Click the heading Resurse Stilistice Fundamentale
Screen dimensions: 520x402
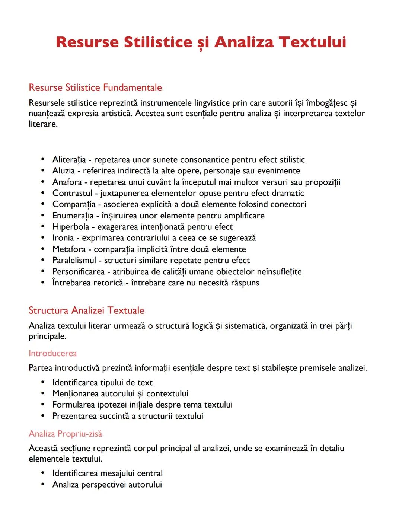pos(95,87)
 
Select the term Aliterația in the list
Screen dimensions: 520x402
pos(69,160)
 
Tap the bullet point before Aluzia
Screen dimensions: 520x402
pos(44,171)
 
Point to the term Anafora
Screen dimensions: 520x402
pos(67,182)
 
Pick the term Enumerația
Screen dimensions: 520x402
pos(73,216)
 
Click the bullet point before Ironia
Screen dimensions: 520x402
pos(44,238)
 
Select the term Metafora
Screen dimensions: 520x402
pos(69,249)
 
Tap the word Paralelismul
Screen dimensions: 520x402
pos(74,260)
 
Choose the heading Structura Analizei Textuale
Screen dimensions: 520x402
pos(86,310)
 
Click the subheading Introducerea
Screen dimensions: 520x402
pos(53,353)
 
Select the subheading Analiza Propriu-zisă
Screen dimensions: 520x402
pos(65,434)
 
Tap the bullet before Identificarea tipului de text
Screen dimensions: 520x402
pos(44,382)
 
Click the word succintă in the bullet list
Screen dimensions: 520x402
pos(112,416)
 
